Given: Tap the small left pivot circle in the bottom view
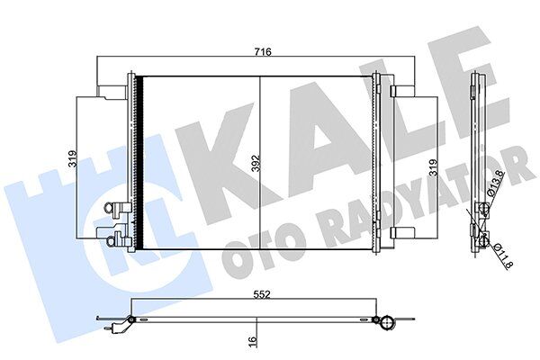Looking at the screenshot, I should (131, 319).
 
